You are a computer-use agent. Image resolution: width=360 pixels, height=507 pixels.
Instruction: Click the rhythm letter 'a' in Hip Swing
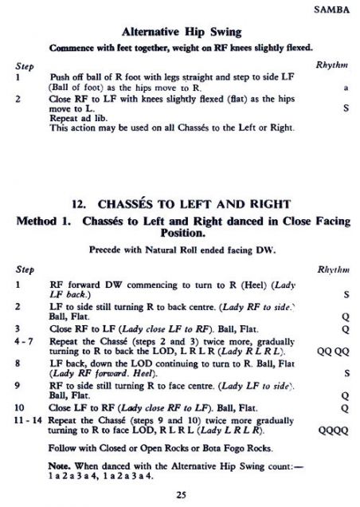345,86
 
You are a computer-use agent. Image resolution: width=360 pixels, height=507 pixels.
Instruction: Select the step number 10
20,406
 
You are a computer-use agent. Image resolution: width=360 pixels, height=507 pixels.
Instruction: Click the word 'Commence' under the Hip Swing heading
72,49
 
